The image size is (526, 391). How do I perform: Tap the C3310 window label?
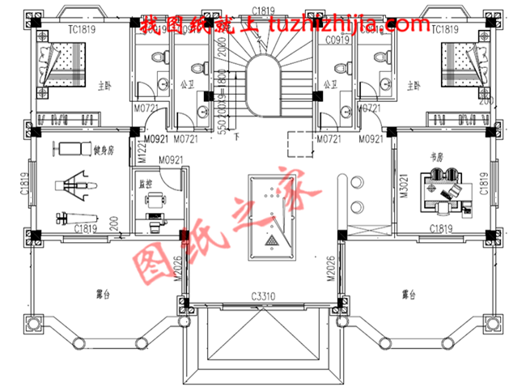pos(263,296)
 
